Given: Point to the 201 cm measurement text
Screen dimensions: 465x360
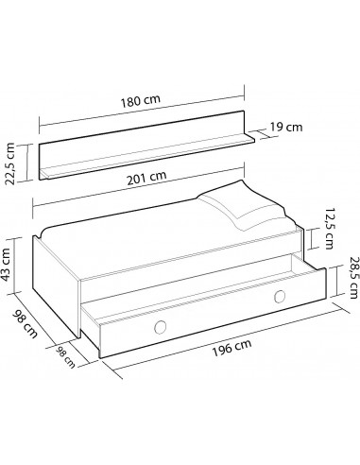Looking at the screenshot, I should (x=149, y=176).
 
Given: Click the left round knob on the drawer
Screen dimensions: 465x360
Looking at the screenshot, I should (x=159, y=329).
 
